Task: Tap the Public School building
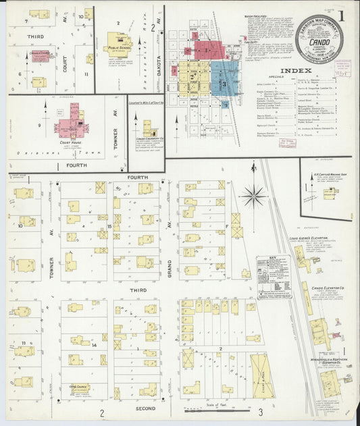coord(118,42)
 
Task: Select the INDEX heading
coord(296,70)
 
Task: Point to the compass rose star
coord(254,196)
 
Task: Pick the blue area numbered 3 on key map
coord(225,82)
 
